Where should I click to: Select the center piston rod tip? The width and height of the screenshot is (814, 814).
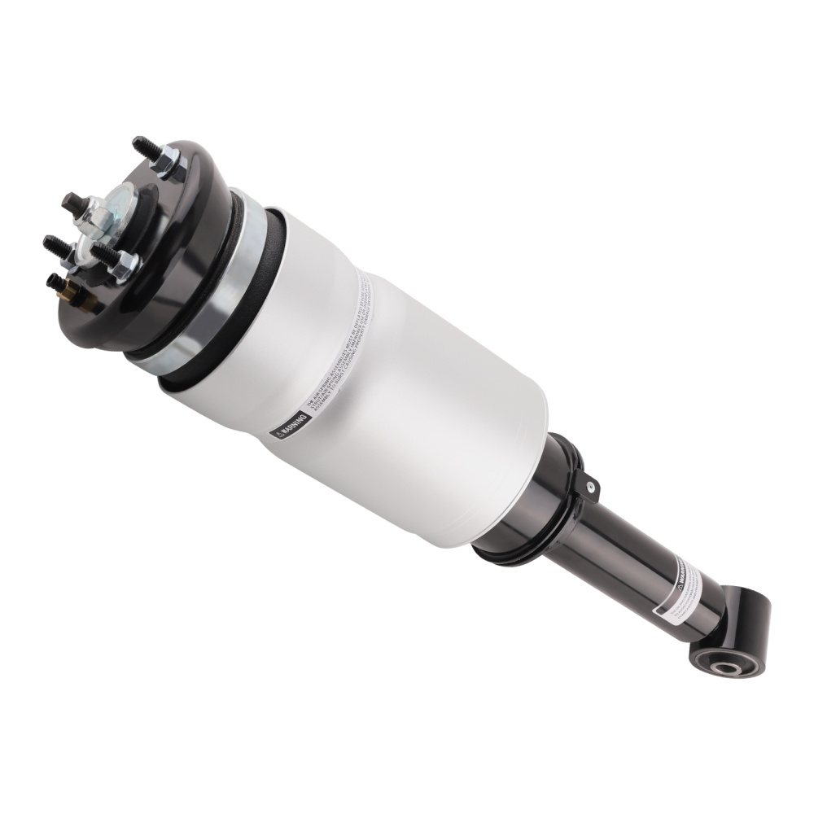[72, 201]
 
